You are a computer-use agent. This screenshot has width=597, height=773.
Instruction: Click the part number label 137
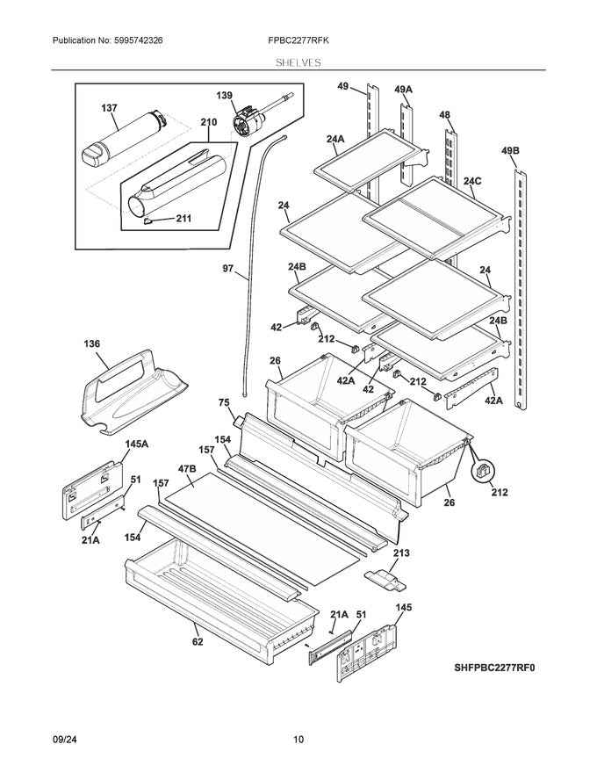point(109,107)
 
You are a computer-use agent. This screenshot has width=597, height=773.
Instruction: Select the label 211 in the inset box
point(183,219)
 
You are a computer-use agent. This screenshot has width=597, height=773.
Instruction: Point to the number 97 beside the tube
point(227,271)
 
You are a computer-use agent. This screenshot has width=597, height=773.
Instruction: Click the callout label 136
point(91,343)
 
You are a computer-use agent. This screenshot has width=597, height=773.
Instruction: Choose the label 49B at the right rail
point(510,151)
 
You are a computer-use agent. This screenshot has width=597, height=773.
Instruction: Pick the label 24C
point(472,182)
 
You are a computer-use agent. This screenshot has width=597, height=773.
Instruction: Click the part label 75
point(225,402)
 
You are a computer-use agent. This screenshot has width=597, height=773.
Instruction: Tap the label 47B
point(186,470)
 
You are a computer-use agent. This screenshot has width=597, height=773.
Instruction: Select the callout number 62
point(198,641)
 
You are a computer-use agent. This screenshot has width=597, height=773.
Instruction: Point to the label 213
point(400,553)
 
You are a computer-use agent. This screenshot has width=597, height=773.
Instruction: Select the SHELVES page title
point(298,62)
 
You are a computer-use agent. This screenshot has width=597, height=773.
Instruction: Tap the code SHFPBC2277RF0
point(493,668)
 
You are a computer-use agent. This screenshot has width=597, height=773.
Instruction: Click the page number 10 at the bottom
point(298,740)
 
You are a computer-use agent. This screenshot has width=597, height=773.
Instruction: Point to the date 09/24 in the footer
point(66,740)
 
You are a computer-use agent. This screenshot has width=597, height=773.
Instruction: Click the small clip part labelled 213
point(384,580)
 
